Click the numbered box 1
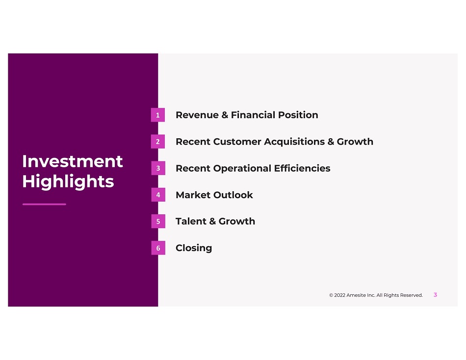click(158, 115)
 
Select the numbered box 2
click(158, 142)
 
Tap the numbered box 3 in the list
click(158, 168)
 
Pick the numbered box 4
click(158, 195)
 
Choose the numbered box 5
click(158, 221)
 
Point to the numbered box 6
click(158, 248)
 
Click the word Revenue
click(197, 115)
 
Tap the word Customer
click(237, 142)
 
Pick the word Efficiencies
click(302, 168)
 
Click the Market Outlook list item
click(214, 195)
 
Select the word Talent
click(191, 222)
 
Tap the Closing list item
click(194, 248)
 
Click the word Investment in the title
click(73, 161)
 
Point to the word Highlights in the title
click(68, 181)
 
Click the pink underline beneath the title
click(44, 204)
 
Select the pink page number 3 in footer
click(435, 295)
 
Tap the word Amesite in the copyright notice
click(356, 295)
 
